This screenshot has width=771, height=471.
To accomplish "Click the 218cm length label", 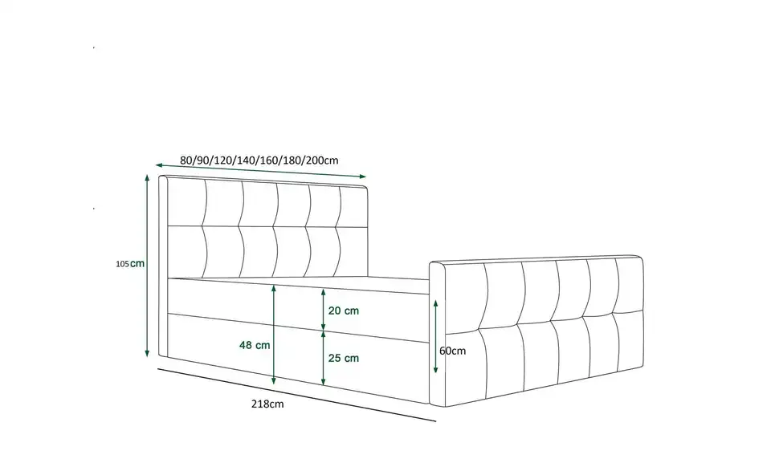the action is (267, 404).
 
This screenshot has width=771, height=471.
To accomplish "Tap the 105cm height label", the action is (130, 264).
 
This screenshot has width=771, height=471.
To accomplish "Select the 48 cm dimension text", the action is (255, 345).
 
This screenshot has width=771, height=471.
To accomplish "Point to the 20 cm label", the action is (344, 311).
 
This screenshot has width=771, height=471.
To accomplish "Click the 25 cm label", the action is (344, 358).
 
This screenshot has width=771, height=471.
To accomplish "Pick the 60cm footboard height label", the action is (452, 351).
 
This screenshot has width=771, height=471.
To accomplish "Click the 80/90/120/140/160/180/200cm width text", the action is (259, 160).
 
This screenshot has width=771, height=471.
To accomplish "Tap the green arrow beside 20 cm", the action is (323, 310).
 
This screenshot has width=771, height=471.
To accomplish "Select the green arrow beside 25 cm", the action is (323, 358).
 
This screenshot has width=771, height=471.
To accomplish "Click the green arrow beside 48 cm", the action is (274, 335).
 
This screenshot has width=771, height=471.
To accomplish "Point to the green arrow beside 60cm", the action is (435, 336).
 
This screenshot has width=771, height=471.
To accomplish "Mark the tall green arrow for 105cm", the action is (147, 266).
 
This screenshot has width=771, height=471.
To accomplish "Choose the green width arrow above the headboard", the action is (260, 171).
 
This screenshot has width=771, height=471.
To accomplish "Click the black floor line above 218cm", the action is (296, 395).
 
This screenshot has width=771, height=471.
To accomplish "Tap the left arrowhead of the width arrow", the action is (158, 165).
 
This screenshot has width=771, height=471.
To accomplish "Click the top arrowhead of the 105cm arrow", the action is (147, 177).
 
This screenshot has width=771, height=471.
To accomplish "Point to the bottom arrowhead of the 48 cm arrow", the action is (274, 381).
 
